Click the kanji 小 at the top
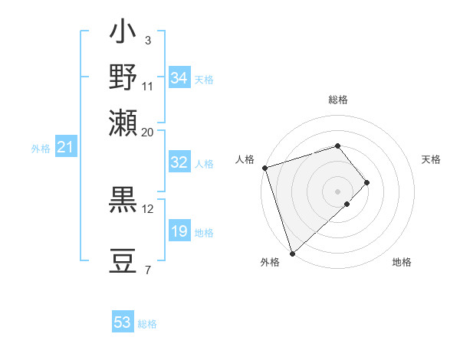(x=123, y=34)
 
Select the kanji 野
(x=123, y=77)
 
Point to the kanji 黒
(x=123, y=199)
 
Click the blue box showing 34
(x=179, y=78)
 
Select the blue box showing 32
(x=179, y=162)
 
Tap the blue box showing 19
(x=179, y=231)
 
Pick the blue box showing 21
(x=65, y=147)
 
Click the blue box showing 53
(x=123, y=322)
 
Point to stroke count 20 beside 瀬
(x=148, y=132)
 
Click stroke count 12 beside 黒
(x=148, y=209)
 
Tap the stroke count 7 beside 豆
(x=147, y=270)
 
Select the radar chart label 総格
(x=338, y=100)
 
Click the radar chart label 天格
(x=432, y=159)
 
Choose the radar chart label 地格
(x=402, y=263)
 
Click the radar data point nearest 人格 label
(x=264, y=168)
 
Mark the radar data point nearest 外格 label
(x=292, y=253)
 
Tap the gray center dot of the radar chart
(x=338, y=191)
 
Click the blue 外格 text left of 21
(x=41, y=149)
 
